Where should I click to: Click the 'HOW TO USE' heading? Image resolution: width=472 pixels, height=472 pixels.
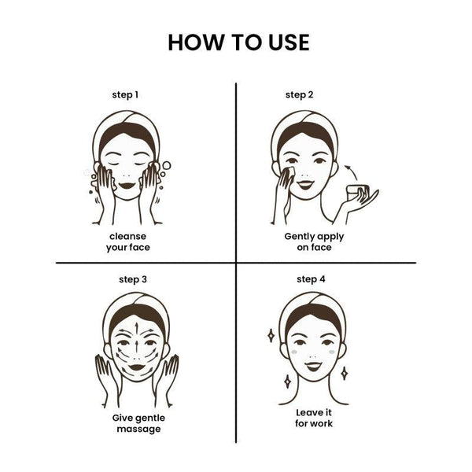point(238,42)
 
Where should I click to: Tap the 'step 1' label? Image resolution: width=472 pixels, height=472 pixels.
point(125,95)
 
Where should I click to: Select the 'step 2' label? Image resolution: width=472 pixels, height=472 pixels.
point(299,95)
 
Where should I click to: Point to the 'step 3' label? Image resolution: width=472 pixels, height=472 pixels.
point(133,279)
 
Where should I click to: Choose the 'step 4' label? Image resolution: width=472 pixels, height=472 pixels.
point(311,279)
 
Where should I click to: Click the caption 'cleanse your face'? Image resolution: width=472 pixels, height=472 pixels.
point(128,242)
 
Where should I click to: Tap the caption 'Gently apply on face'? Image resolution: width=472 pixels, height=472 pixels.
point(314,242)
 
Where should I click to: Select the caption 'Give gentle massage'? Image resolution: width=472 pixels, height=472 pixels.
point(138,423)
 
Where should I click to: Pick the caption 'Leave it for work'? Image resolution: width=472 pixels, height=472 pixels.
point(314,418)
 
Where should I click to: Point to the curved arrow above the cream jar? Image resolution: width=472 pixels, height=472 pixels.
point(352,171)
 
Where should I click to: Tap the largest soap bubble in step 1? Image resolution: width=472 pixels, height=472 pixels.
point(167,165)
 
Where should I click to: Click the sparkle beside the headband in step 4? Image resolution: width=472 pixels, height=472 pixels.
point(271,335)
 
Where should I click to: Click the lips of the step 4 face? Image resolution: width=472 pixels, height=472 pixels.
point(313,366)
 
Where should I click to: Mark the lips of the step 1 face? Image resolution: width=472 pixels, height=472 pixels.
point(127,185)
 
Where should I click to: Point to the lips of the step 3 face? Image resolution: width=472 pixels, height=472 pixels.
point(137,367)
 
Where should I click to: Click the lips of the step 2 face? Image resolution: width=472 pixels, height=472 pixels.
point(305,184)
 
